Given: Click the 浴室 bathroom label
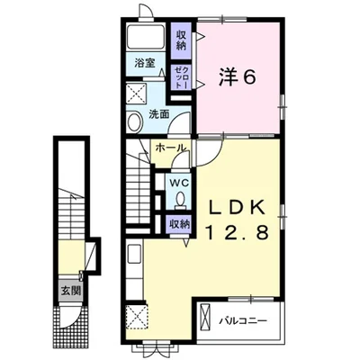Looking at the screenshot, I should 145,65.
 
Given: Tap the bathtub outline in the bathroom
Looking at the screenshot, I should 145,38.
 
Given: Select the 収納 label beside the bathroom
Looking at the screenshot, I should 182,39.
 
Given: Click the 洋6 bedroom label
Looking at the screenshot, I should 237,77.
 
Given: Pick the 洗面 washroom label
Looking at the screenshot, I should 159,115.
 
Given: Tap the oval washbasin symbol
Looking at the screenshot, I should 133,122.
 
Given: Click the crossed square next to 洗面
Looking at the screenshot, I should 139,93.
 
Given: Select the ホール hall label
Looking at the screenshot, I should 170,148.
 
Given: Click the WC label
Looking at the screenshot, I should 181,178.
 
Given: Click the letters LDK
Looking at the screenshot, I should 238,205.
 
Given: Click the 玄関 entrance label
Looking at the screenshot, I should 70,291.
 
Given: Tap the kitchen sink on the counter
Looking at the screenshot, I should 134,257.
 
